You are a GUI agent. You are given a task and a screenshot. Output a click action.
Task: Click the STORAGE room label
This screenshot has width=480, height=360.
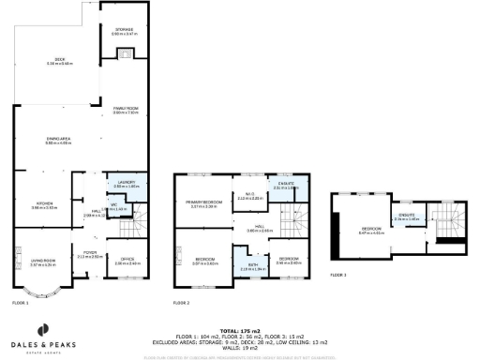[124, 31]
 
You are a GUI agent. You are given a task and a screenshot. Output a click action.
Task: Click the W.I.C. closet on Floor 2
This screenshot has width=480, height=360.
[248, 197]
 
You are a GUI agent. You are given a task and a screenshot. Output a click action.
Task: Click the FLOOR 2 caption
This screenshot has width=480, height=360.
[181, 304]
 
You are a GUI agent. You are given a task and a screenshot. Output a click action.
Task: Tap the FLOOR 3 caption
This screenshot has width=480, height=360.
[337, 275]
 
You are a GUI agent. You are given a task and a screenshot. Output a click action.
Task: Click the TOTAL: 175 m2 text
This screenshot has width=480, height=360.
[239, 332]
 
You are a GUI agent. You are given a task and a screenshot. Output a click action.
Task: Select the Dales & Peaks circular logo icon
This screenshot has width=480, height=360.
[42, 329]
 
